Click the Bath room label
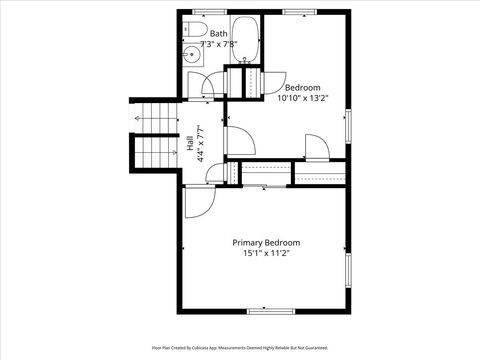pyautogui.click(x=218, y=34)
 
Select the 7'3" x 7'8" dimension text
pyautogui.click(x=218, y=44)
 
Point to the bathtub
pyautogui.click(x=246, y=41)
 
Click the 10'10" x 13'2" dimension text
pyautogui.click(x=302, y=98)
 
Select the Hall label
pyautogui.click(x=189, y=145)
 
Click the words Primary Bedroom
pyautogui.click(x=266, y=243)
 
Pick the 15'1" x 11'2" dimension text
pyautogui.click(x=266, y=254)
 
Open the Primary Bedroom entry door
pyautogui.click(x=198, y=199)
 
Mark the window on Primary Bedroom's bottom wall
pyautogui.click(x=263, y=311)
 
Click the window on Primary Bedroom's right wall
pyautogui.click(x=349, y=270)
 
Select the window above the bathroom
pyautogui.click(x=208, y=11)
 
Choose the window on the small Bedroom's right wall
pyautogui.click(x=349, y=124)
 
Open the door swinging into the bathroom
pyautogui.click(x=213, y=86)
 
